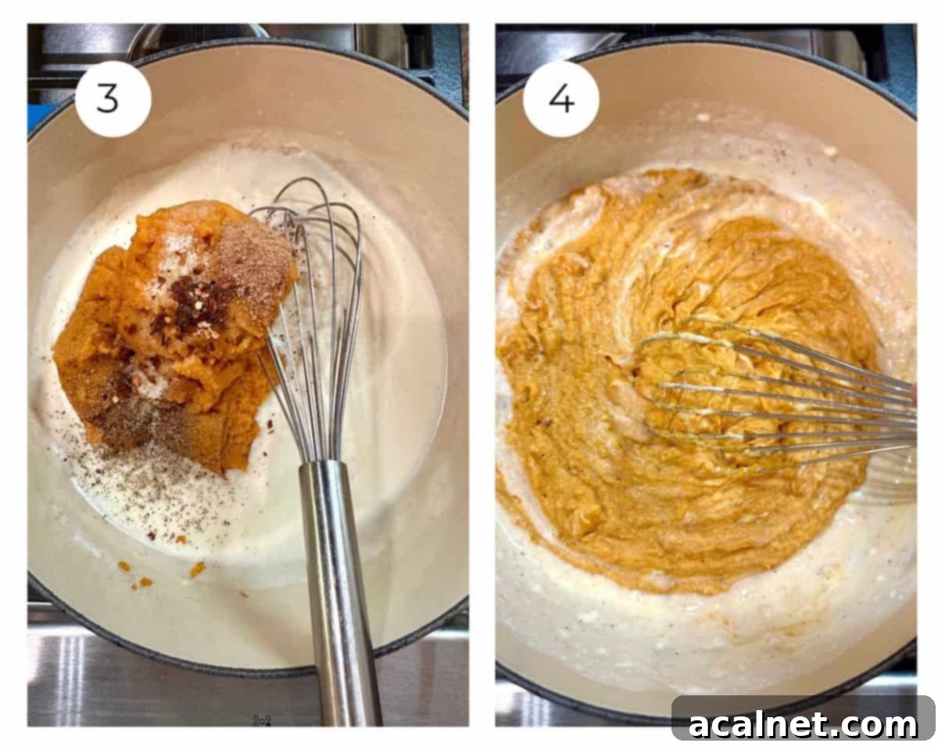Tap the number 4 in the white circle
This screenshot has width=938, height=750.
pos(560,99)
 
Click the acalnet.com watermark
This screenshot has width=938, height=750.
pos(803,724)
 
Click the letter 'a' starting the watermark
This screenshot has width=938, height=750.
pos(699,726)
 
